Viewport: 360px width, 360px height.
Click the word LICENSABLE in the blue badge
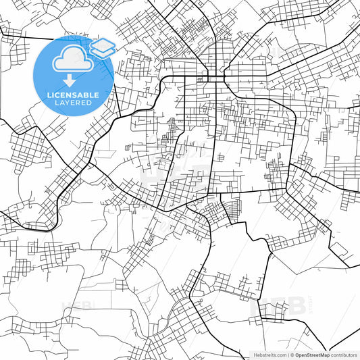73,95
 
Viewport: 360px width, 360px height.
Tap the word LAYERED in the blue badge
73,103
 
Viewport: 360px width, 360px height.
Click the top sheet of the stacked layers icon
103,45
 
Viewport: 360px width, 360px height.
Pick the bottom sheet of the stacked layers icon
103,53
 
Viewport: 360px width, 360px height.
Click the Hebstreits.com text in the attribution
267,355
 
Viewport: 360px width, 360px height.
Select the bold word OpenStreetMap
311,355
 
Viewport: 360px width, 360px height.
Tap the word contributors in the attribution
344,355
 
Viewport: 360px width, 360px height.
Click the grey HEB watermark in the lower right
278,305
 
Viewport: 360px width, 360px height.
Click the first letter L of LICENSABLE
49,95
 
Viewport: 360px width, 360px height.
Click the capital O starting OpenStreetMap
297,355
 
